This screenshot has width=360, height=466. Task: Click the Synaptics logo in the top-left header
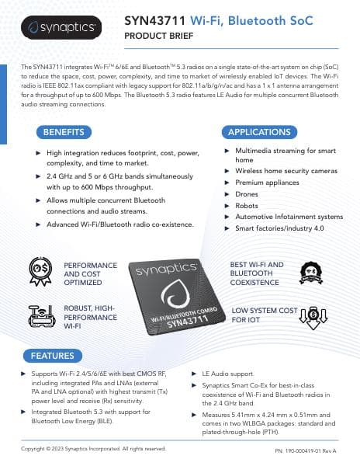tap(61, 28)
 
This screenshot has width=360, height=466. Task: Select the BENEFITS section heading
tap(64, 131)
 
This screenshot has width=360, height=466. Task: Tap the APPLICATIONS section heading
tap(259, 131)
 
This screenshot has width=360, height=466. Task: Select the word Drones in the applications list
tap(247, 193)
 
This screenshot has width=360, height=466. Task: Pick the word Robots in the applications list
tap(247, 205)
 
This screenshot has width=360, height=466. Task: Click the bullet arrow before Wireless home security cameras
tap(226, 170)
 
